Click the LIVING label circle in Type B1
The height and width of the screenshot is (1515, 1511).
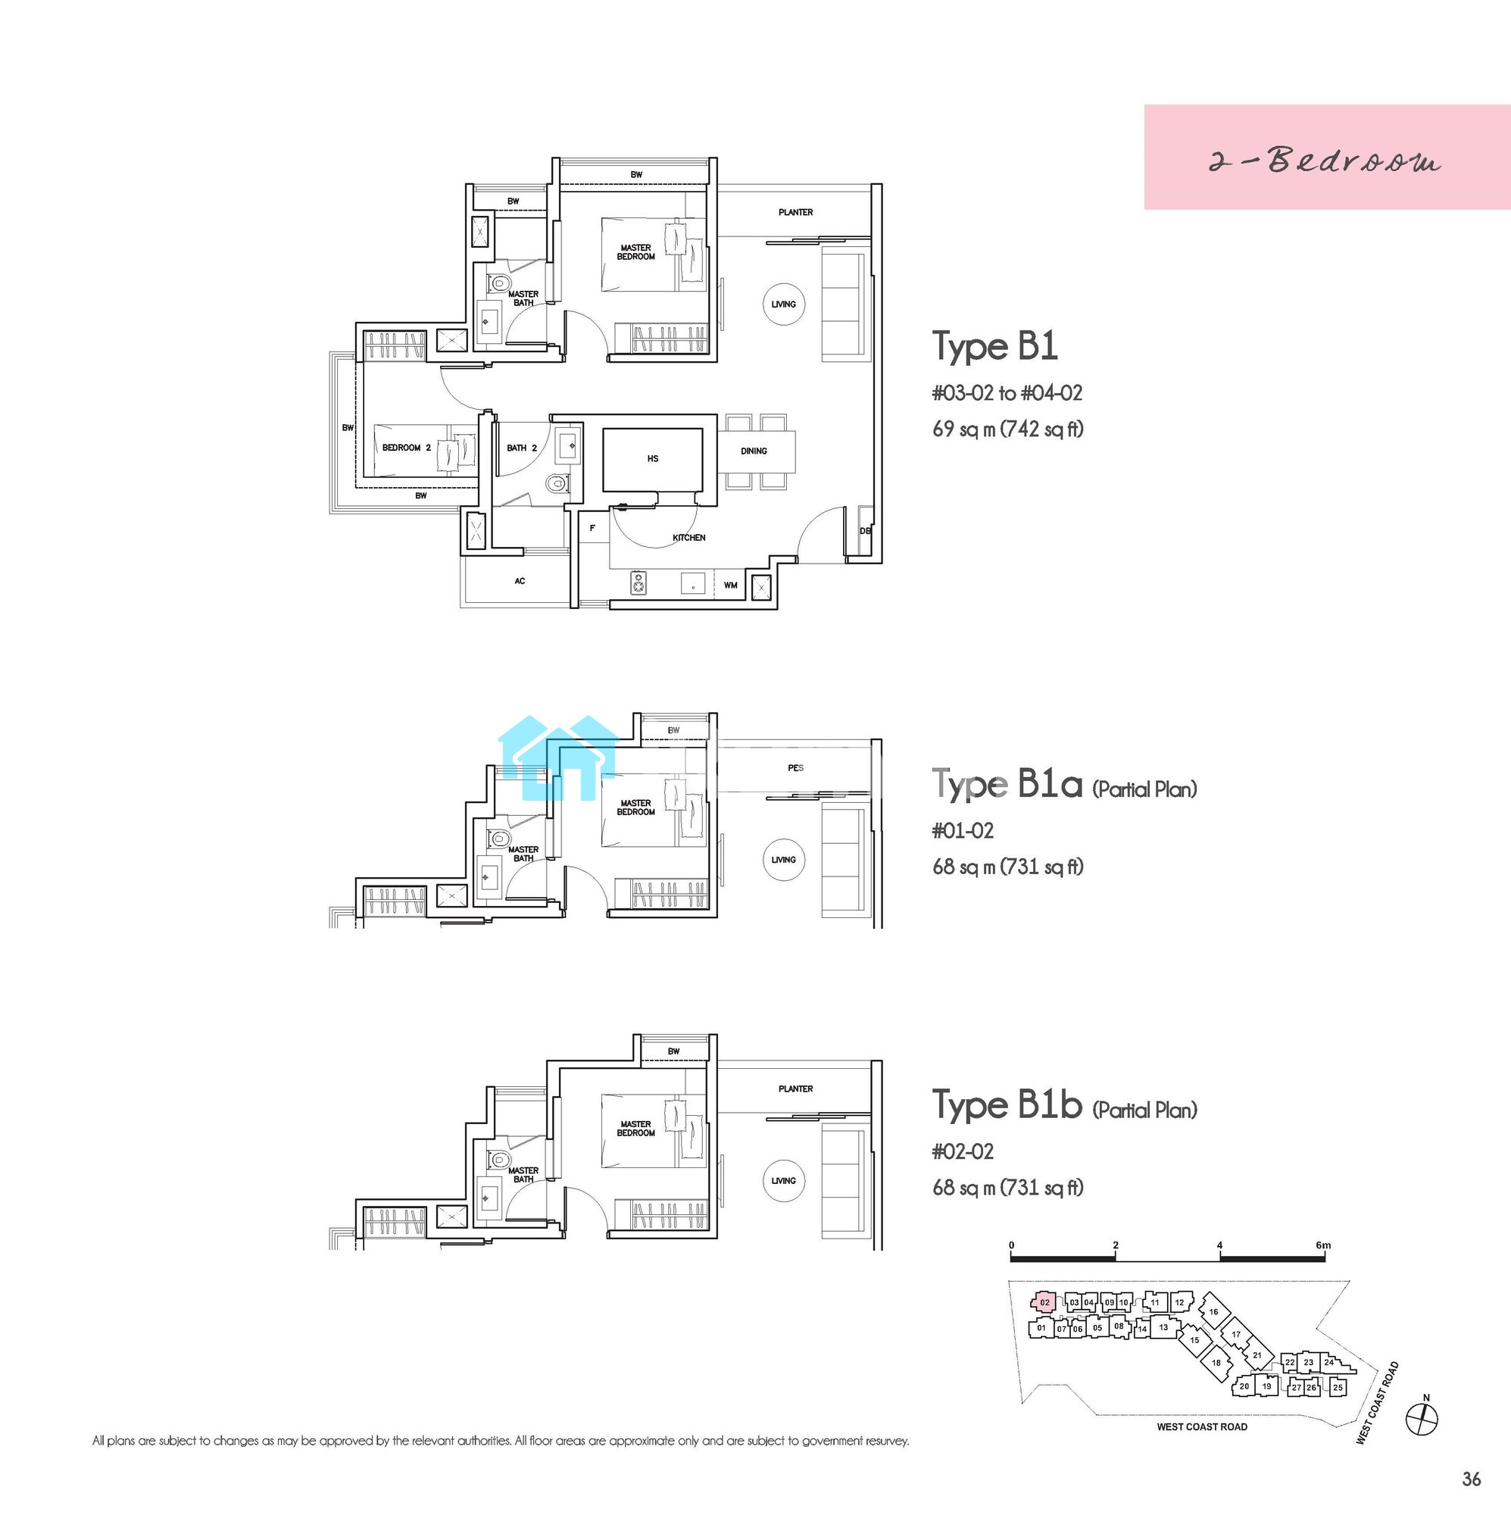[x=783, y=305]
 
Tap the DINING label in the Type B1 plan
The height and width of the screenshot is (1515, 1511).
[x=754, y=451]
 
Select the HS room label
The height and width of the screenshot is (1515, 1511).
[x=653, y=459]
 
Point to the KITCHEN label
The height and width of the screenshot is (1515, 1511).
[x=689, y=538]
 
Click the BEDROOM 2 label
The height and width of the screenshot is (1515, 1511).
[x=406, y=448]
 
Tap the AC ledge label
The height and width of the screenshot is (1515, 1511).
[x=520, y=581]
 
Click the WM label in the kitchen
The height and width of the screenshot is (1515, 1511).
[x=731, y=585]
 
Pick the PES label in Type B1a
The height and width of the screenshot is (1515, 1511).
[x=796, y=767]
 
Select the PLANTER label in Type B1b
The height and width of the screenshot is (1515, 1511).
[x=796, y=1089]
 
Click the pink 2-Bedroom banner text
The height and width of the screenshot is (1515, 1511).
[x=1325, y=161]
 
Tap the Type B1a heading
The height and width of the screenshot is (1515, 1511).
[x=1007, y=784]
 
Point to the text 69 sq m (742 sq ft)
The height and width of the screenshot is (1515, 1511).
[x=1008, y=429]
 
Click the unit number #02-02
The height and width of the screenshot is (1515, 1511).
[x=963, y=1151]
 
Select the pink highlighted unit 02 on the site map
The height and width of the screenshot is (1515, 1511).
[x=1044, y=1302]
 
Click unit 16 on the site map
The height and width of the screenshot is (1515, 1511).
[x=1214, y=1311]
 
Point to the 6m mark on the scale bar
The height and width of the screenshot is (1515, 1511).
[x=1323, y=1245]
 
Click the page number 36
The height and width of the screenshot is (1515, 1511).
[x=1472, y=1479]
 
